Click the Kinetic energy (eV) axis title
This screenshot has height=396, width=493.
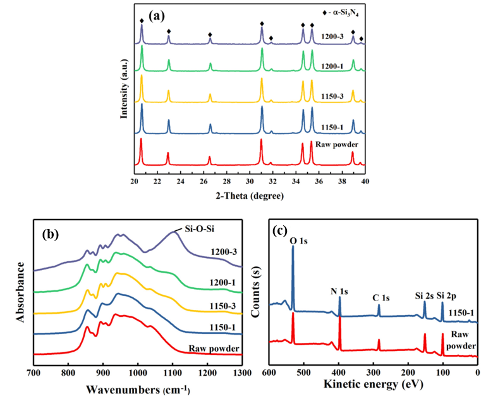[x=373, y=383]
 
